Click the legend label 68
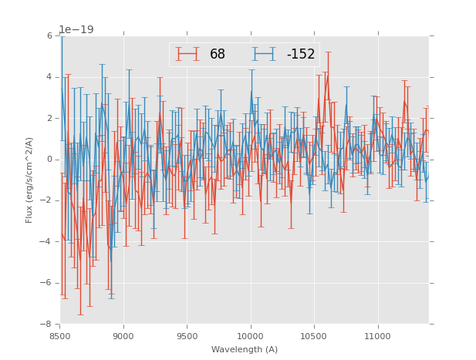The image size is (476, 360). [218, 55]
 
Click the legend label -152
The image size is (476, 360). [301, 55]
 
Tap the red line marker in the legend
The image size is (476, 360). [187, 55]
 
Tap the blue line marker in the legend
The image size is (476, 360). [264, 55]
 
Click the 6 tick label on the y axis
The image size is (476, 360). [49, 36]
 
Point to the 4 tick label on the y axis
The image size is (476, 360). [49, 77]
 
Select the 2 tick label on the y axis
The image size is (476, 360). [49, 119]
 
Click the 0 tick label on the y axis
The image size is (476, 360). [49, 160]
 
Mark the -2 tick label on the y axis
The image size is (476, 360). [47, 200]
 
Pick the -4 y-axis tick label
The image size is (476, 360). [47, 242]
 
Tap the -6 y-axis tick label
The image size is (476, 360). [47, 283]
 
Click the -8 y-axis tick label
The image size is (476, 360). [47, 324]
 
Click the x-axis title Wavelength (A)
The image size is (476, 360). [245, 349]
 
